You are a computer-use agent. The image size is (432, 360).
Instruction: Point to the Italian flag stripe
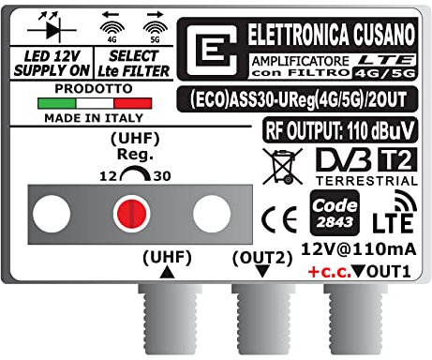point(93,101)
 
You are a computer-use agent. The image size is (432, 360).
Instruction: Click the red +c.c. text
point(334,271)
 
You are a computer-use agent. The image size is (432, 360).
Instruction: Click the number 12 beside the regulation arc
point(107,175)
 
